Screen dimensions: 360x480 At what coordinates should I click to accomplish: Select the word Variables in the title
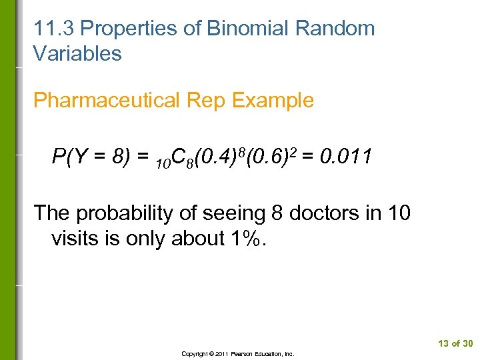coord(77,54)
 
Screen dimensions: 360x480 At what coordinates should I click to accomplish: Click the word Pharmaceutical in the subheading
coord(107,101)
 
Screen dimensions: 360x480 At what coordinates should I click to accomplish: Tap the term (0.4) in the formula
coord(213,157)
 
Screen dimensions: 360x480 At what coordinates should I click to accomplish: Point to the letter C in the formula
coord(178,158)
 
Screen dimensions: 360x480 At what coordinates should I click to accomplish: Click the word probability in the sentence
coord(122,213)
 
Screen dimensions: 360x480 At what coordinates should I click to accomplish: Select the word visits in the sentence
coord(77,238)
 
